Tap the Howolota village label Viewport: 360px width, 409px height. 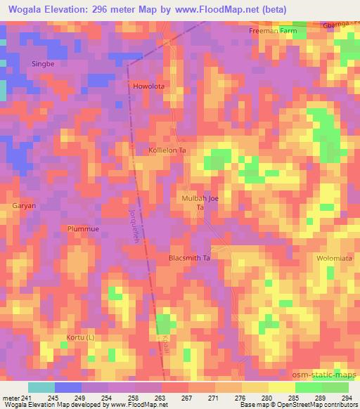(148, 86)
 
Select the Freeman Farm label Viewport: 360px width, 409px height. (273, 32)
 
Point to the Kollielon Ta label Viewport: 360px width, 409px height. (167, 151)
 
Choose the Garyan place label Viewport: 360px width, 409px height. (23, 206)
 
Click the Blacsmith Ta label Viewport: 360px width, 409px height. (190, 258)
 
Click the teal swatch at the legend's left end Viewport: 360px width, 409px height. (41, 387)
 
